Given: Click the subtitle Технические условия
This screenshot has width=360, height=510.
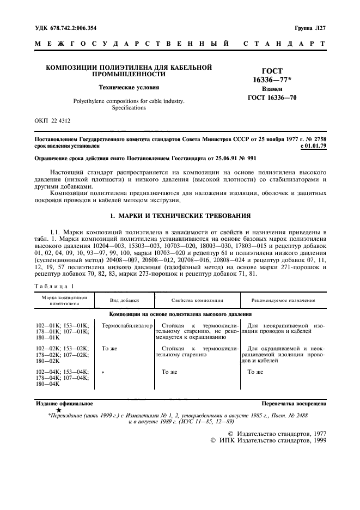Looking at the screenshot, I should coord(129,87).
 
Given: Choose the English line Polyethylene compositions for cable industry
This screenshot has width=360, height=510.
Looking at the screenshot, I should coord(129,101).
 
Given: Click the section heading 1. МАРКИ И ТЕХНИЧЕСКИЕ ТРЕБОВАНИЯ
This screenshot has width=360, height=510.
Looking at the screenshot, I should coord(180,216).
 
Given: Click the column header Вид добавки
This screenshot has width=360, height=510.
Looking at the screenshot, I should coord(124,300).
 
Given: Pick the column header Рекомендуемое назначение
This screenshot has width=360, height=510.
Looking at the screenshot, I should coord(283,300).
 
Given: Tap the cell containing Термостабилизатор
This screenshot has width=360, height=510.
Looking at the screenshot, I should coord(124,325).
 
